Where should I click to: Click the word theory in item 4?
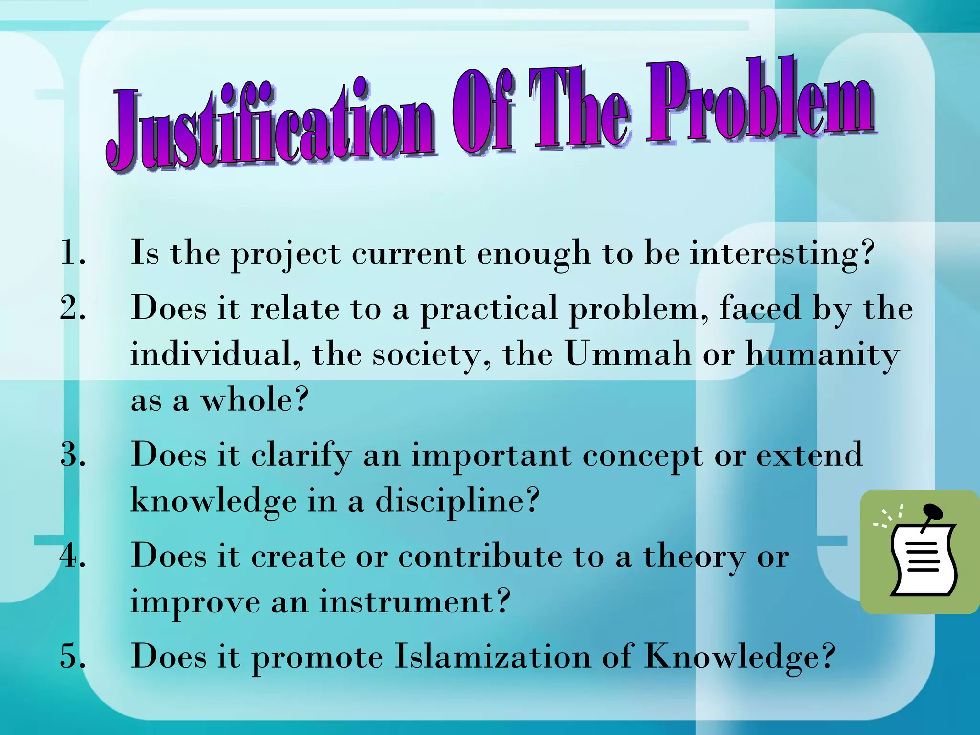tap(694, 557)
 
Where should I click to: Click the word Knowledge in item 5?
tap(739, 657)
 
